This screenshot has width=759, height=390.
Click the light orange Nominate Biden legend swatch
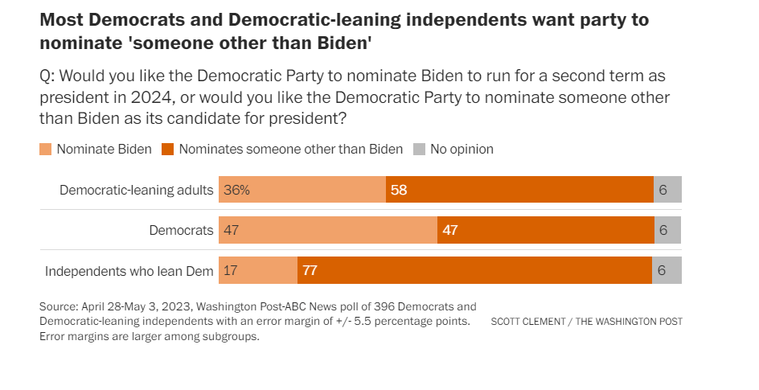46,149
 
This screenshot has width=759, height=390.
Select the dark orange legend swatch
168,149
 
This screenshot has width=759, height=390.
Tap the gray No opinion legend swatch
419,149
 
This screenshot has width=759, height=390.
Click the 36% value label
237,190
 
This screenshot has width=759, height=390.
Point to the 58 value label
399,190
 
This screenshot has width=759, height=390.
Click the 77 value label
310,270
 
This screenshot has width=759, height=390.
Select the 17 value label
231,270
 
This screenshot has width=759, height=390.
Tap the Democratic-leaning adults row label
137,190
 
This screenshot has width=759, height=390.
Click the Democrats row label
182,230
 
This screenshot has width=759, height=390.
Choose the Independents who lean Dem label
129,270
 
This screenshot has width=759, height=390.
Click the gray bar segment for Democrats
667,230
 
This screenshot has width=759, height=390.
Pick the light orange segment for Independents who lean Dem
258,270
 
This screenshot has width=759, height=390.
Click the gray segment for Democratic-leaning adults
667,190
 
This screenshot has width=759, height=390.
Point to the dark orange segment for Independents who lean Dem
474,270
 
